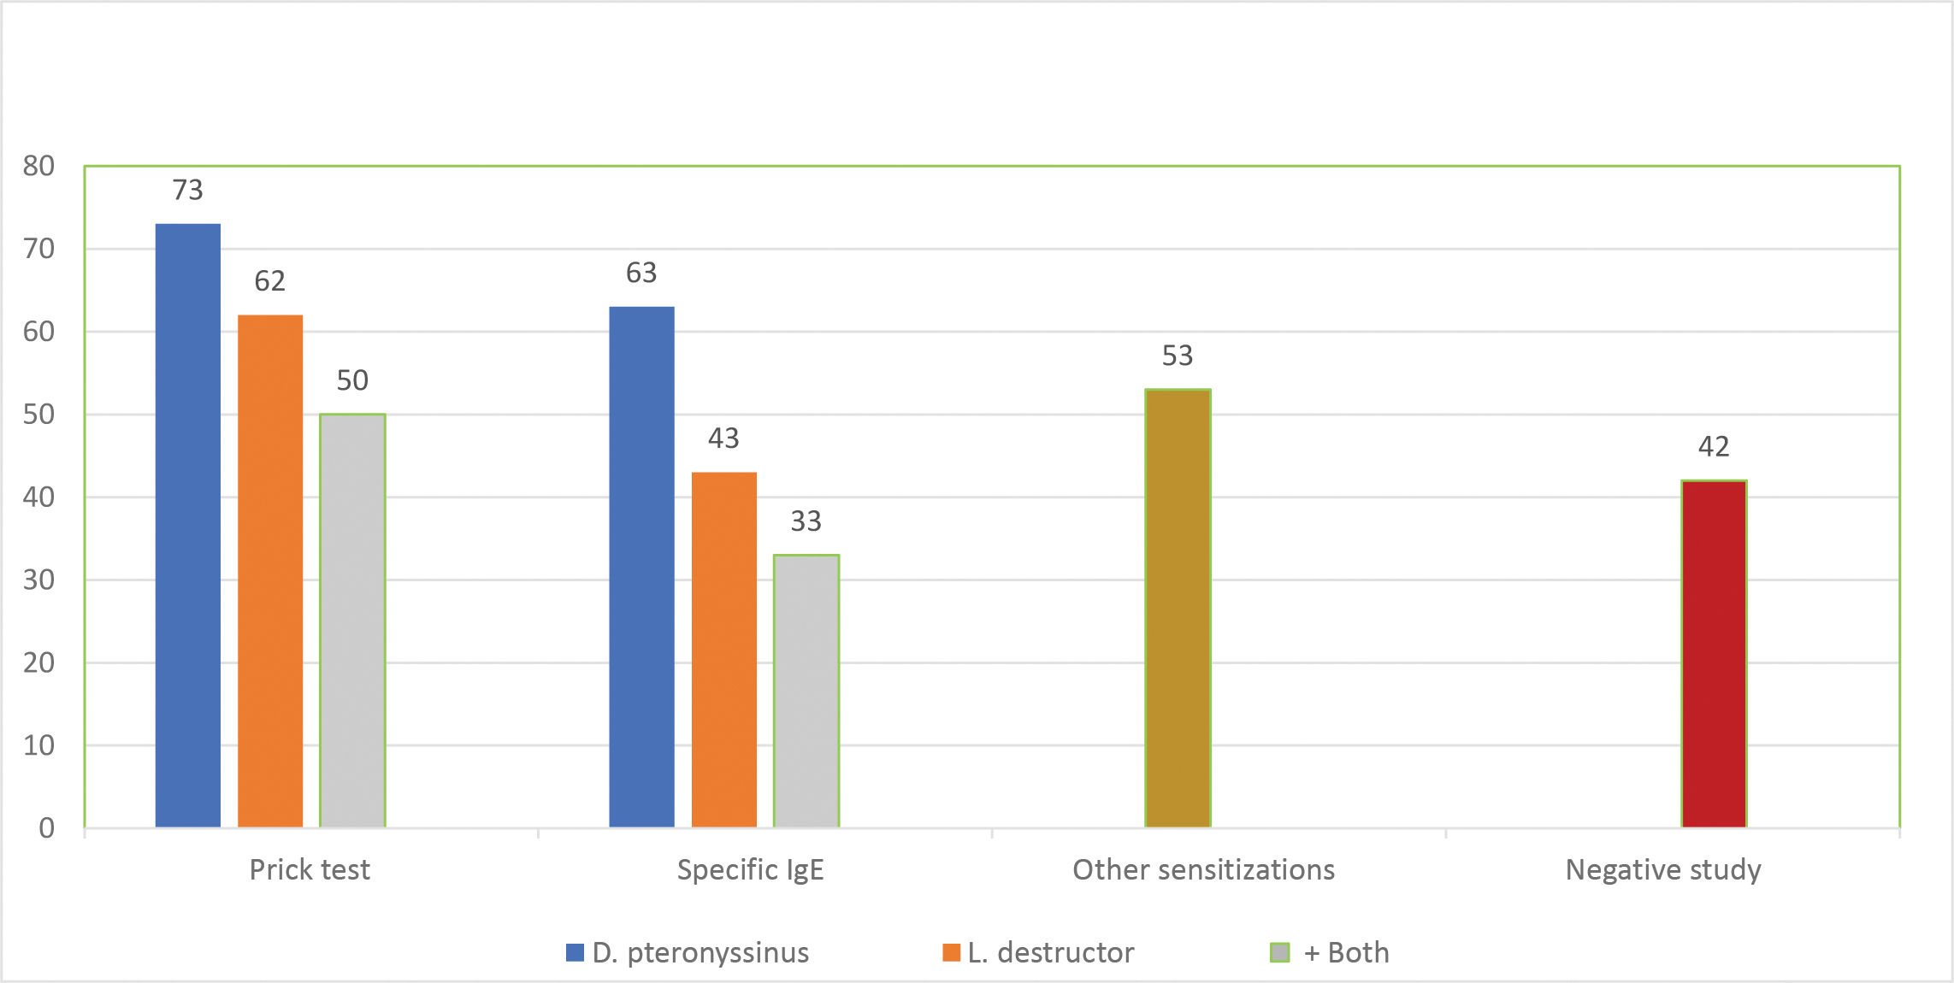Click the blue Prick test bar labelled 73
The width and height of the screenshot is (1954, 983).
[188, 525]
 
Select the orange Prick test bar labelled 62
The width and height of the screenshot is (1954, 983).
[270, 570]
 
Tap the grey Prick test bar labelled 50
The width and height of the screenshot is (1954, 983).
[352, 620]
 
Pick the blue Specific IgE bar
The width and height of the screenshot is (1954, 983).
[641, 566]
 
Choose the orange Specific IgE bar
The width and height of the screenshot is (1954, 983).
[723, 649]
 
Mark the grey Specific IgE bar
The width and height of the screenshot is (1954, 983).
[806, 691]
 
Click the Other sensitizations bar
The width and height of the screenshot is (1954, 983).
[1178, 608]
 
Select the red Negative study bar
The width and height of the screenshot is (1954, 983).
[1714, 653]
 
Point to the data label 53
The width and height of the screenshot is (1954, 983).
[1178, 356]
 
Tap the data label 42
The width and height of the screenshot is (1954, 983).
[1714, 446]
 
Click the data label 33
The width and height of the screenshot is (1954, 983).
[806, 521]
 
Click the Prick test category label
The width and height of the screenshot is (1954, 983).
[310, 870]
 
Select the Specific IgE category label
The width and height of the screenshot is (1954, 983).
[750, 870]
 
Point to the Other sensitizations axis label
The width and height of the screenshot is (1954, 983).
[1203, 870]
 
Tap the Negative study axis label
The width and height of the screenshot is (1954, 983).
[1663, 870]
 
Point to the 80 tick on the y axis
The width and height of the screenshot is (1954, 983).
[38, 166]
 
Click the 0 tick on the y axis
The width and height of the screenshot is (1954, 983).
[46, 827]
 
